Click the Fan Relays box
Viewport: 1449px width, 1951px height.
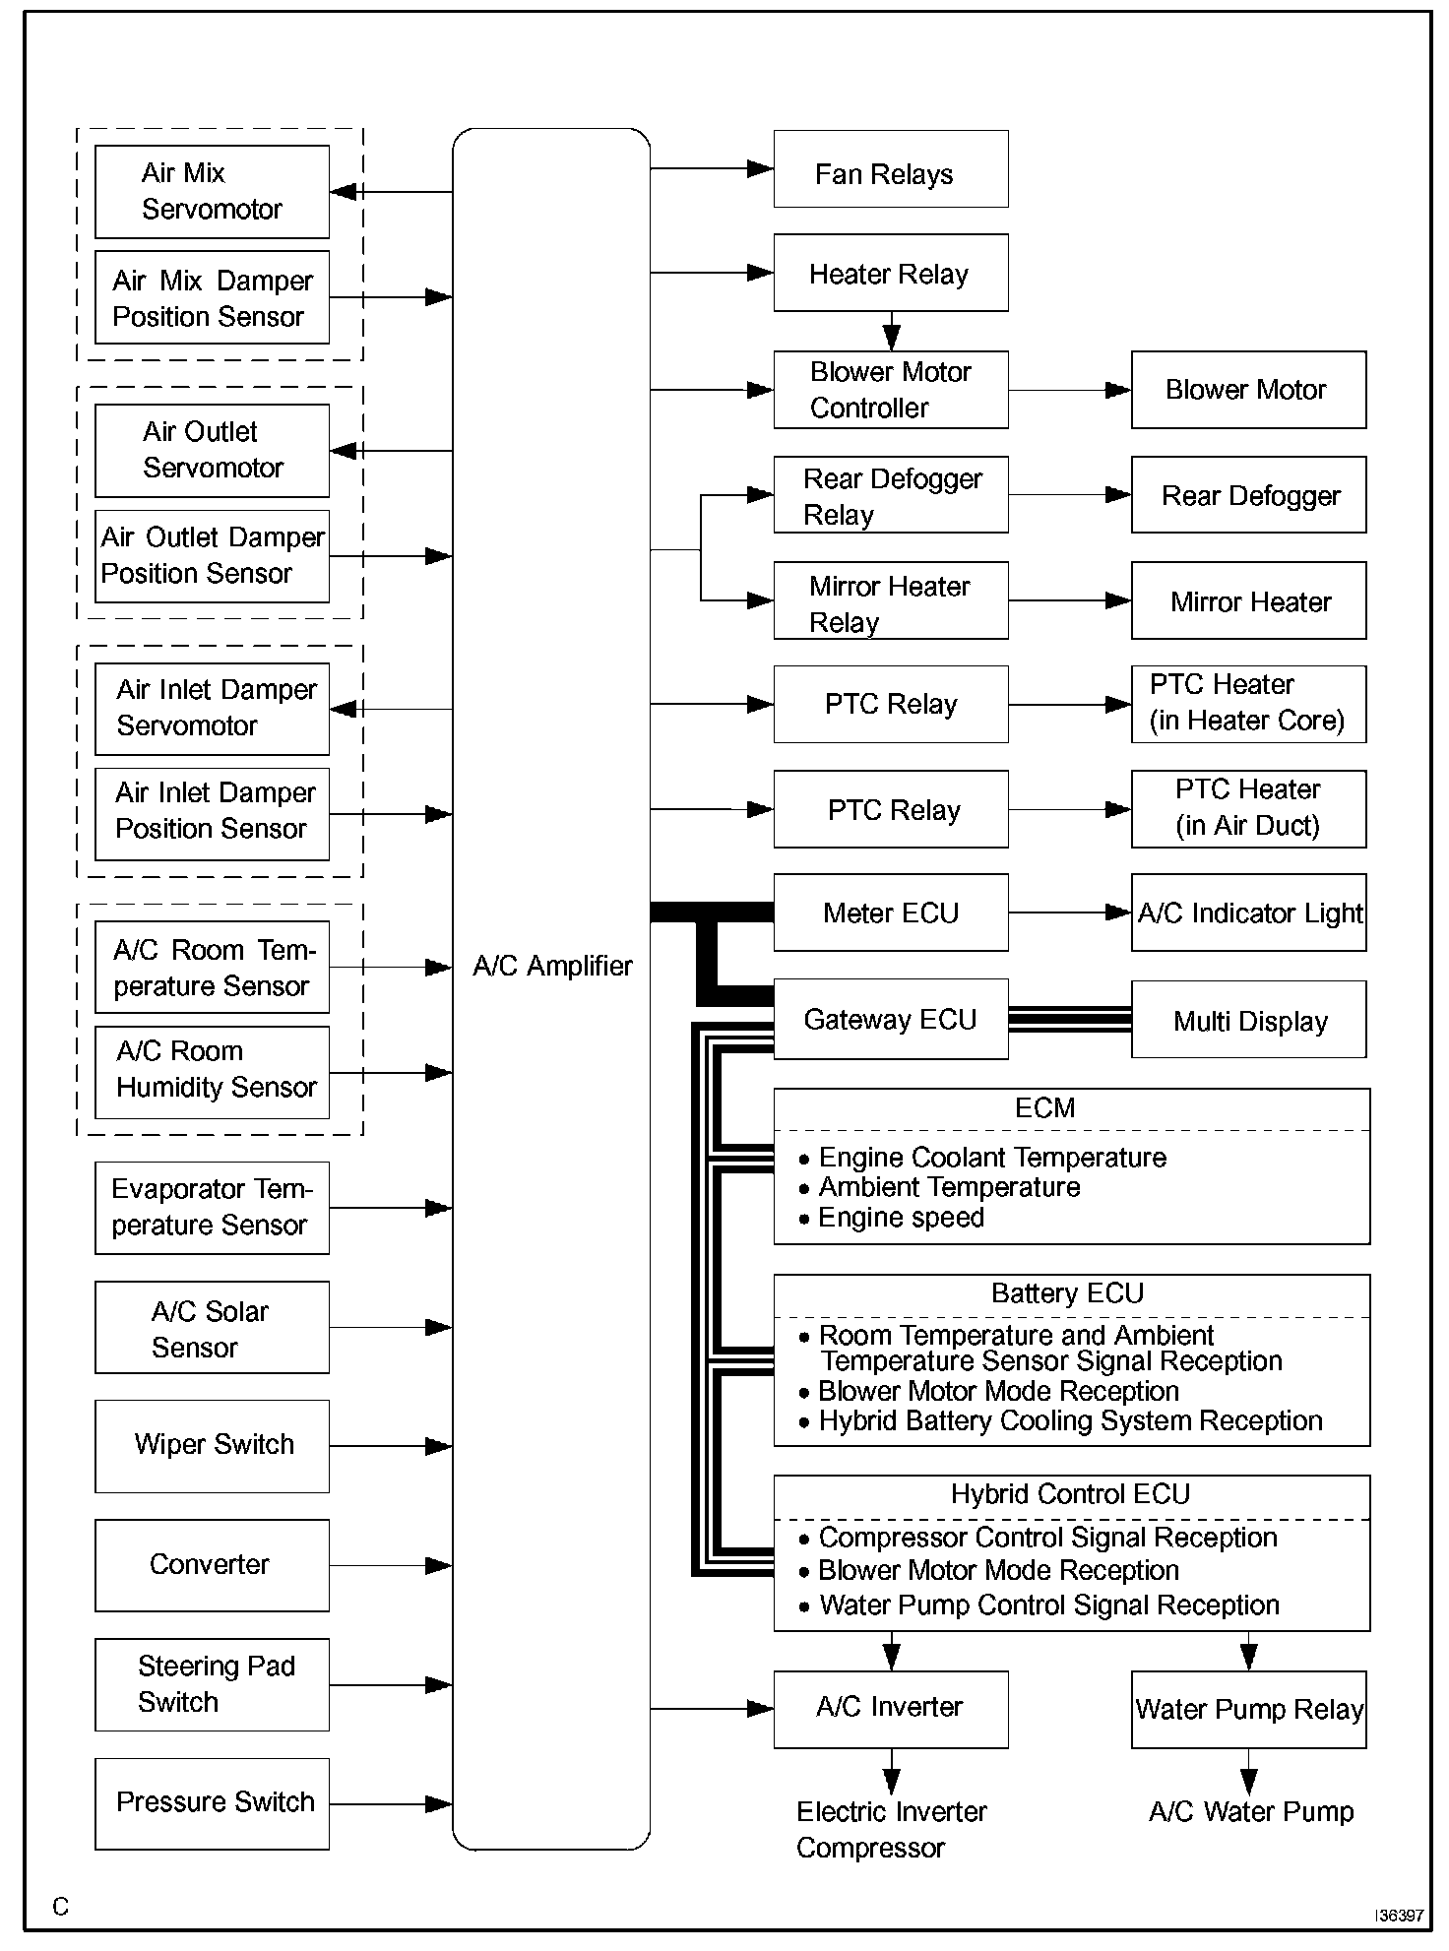coord(890,169)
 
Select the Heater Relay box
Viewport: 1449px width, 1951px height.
coord(890,273)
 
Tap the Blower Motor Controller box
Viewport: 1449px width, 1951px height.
coord(890,390)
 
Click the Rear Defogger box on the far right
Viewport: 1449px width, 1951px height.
coord(1248,495)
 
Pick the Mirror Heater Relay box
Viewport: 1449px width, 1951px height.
coord(890,600)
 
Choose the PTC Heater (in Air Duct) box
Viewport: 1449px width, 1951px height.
coord(1248,809)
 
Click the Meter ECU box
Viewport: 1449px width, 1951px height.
coord(890,913)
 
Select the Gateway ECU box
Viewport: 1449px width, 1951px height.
coord(890,1019)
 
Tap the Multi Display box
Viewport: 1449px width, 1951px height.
coord(1248,1020)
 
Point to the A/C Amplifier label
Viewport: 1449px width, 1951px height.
coord(552,966)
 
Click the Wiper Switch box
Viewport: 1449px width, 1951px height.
coord(212,1446)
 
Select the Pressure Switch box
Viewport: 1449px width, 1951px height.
coord(212,1803)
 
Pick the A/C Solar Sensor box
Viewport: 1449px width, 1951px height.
coord(212,1327)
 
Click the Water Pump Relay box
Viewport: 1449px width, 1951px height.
coord(1248,1710)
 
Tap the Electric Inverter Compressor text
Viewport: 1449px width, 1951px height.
coord(890,1829)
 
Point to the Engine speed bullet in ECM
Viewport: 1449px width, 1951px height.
coord(900,1218)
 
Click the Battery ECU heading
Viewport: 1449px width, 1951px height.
coord(1067,1293)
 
